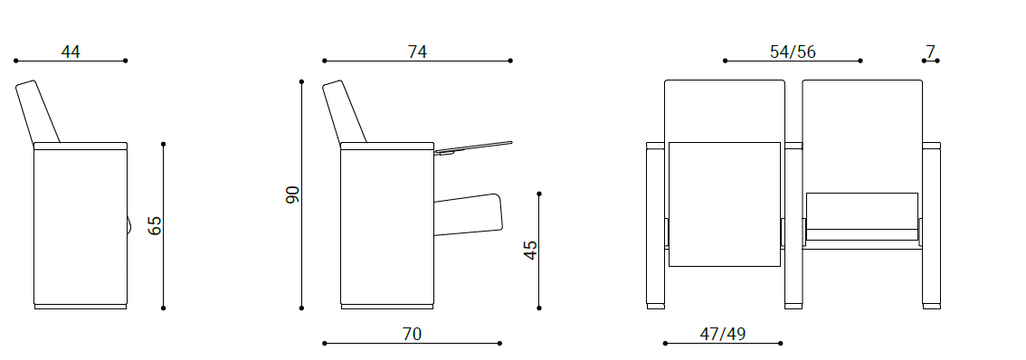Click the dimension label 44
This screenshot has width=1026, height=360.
71,52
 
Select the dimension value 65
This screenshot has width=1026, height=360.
154,226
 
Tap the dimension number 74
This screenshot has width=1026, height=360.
417,52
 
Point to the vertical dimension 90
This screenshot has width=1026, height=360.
292,194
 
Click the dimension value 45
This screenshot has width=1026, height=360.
530,250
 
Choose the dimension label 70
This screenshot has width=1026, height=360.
412,335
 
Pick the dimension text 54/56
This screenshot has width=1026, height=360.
793,52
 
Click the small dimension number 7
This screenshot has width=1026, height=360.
930,52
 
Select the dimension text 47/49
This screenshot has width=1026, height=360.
722,335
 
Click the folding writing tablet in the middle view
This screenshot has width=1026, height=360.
472,148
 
